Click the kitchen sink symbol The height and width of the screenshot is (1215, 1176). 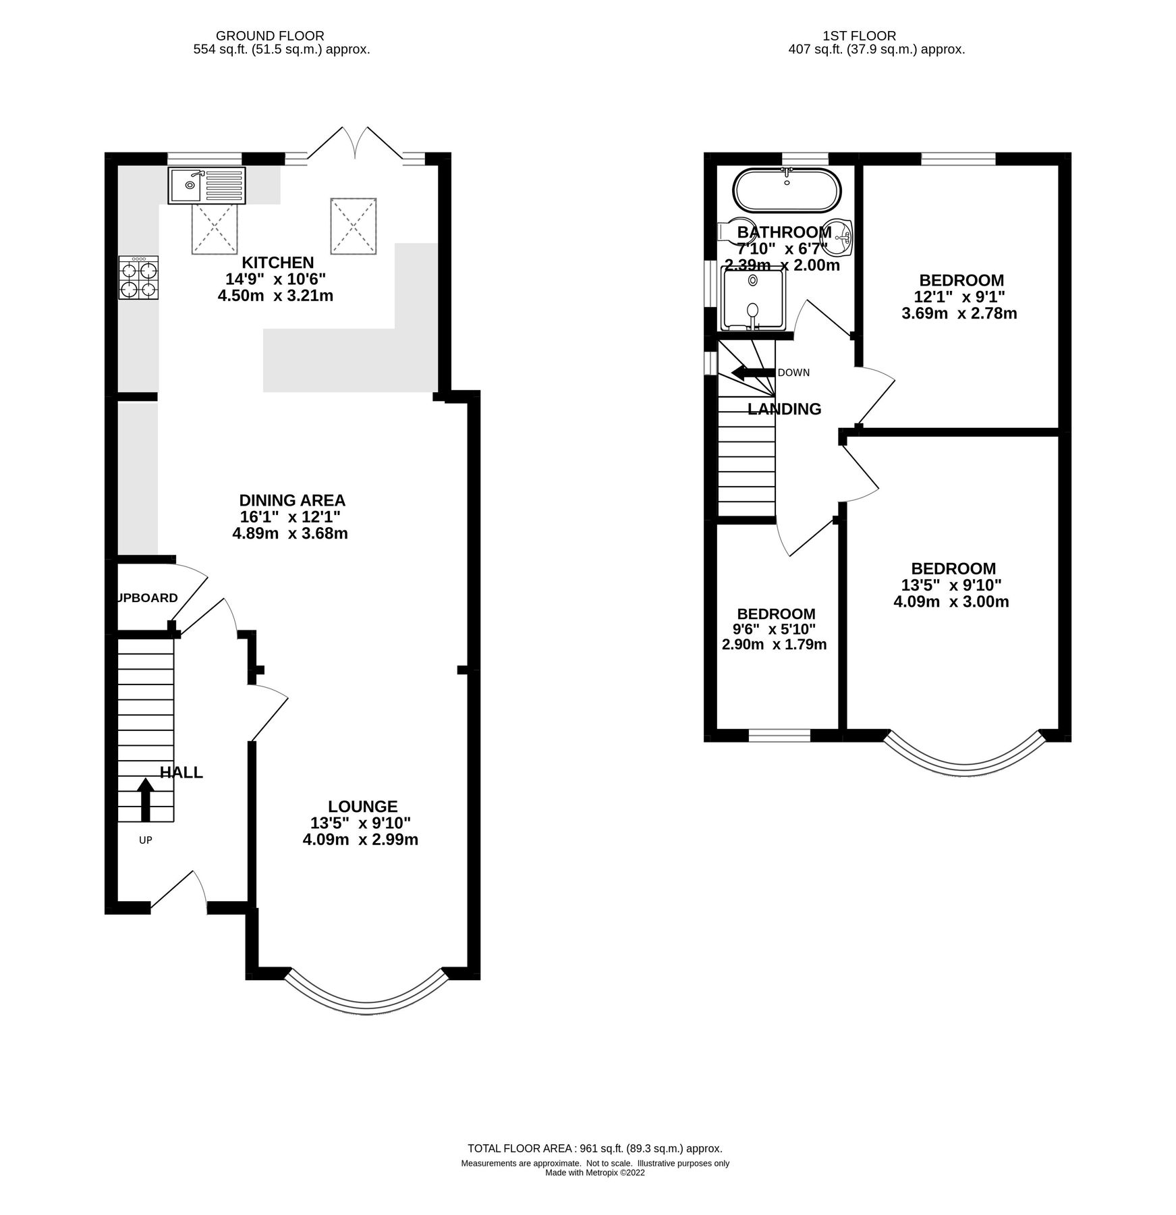207,185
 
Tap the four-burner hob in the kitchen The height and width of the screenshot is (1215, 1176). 138,278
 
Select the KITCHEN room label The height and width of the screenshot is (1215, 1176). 278,263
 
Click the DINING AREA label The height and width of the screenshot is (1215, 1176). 292,500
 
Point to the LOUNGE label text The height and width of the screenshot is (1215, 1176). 362,806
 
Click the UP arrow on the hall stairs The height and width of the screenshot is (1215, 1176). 145,800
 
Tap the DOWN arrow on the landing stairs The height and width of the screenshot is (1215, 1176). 753,372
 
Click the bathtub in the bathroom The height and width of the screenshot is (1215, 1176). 787,190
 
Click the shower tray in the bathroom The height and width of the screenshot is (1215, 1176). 752,298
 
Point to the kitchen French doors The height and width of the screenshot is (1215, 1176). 355,143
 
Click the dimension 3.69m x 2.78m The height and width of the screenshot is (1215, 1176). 959,313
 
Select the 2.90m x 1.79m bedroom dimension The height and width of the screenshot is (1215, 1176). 774,645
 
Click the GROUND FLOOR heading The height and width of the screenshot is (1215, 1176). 270,36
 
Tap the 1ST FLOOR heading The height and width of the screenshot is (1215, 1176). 859,36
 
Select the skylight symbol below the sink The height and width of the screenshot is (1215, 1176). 214,230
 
